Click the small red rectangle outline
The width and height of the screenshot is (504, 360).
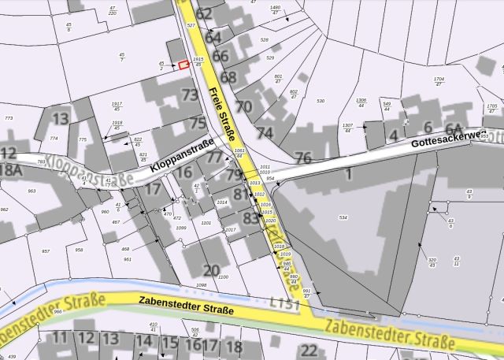pos(183,65)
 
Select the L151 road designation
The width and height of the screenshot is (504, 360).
pos(283,302)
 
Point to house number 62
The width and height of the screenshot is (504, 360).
pos(205,13)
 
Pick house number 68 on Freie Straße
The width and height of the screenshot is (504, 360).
pos(228,77)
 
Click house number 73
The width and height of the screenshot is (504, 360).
pos(190,95)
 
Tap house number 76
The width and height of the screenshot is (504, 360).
pos(303,158)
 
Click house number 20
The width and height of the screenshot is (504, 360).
pos(212,270)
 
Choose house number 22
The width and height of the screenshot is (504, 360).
pos(309,351)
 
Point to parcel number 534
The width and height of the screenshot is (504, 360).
pos(343,217)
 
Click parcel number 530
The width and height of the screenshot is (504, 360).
pos(321,102)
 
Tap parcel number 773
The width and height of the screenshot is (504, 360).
pos(9,118)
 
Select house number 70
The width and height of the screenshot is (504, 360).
pos(244,106)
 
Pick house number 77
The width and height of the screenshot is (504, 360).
pos(215,158)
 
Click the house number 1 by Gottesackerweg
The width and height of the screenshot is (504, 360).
pos(347,173)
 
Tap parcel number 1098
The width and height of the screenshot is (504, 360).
pos(201,285)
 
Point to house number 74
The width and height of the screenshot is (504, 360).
pos(265,132)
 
